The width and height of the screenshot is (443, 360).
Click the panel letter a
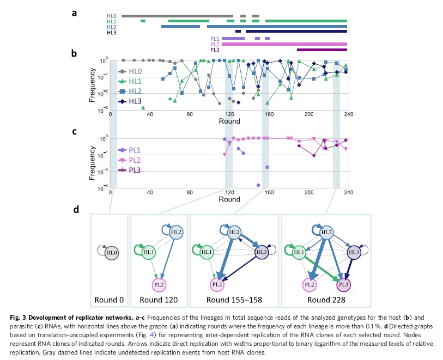point(74,11)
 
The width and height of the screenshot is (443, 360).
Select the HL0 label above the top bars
point(112,16)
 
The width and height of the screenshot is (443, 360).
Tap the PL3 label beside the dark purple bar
point(215,50)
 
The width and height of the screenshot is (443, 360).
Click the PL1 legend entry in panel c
point(135,150)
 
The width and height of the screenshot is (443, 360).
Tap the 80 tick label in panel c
point(189,192)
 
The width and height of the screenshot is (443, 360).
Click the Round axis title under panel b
point(229,121)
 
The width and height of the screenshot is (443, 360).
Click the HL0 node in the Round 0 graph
point(111,252)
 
